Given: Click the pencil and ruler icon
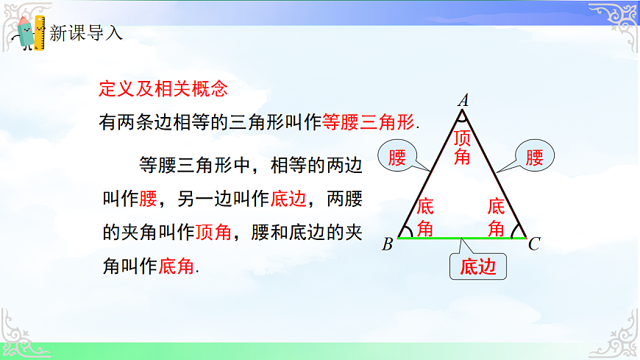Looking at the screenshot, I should pos(29,32).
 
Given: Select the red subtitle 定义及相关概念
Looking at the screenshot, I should pos(163,89).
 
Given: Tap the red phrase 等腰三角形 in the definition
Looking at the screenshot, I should pos(369,123).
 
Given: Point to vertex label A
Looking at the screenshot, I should pos(463,99).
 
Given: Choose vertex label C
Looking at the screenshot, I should pos(535,244).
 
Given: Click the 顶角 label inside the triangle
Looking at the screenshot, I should pos(462,147).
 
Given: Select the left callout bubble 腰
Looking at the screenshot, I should pos(398,158).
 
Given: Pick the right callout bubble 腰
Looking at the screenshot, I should pos(536,158).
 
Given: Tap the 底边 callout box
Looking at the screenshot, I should pos(478,267).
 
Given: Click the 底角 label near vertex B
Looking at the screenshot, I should pos(425,217).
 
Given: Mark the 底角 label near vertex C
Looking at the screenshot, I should pos(497,217).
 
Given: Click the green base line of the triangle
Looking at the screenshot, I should pos(462,239).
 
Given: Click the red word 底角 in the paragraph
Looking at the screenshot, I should pos(177,266).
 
